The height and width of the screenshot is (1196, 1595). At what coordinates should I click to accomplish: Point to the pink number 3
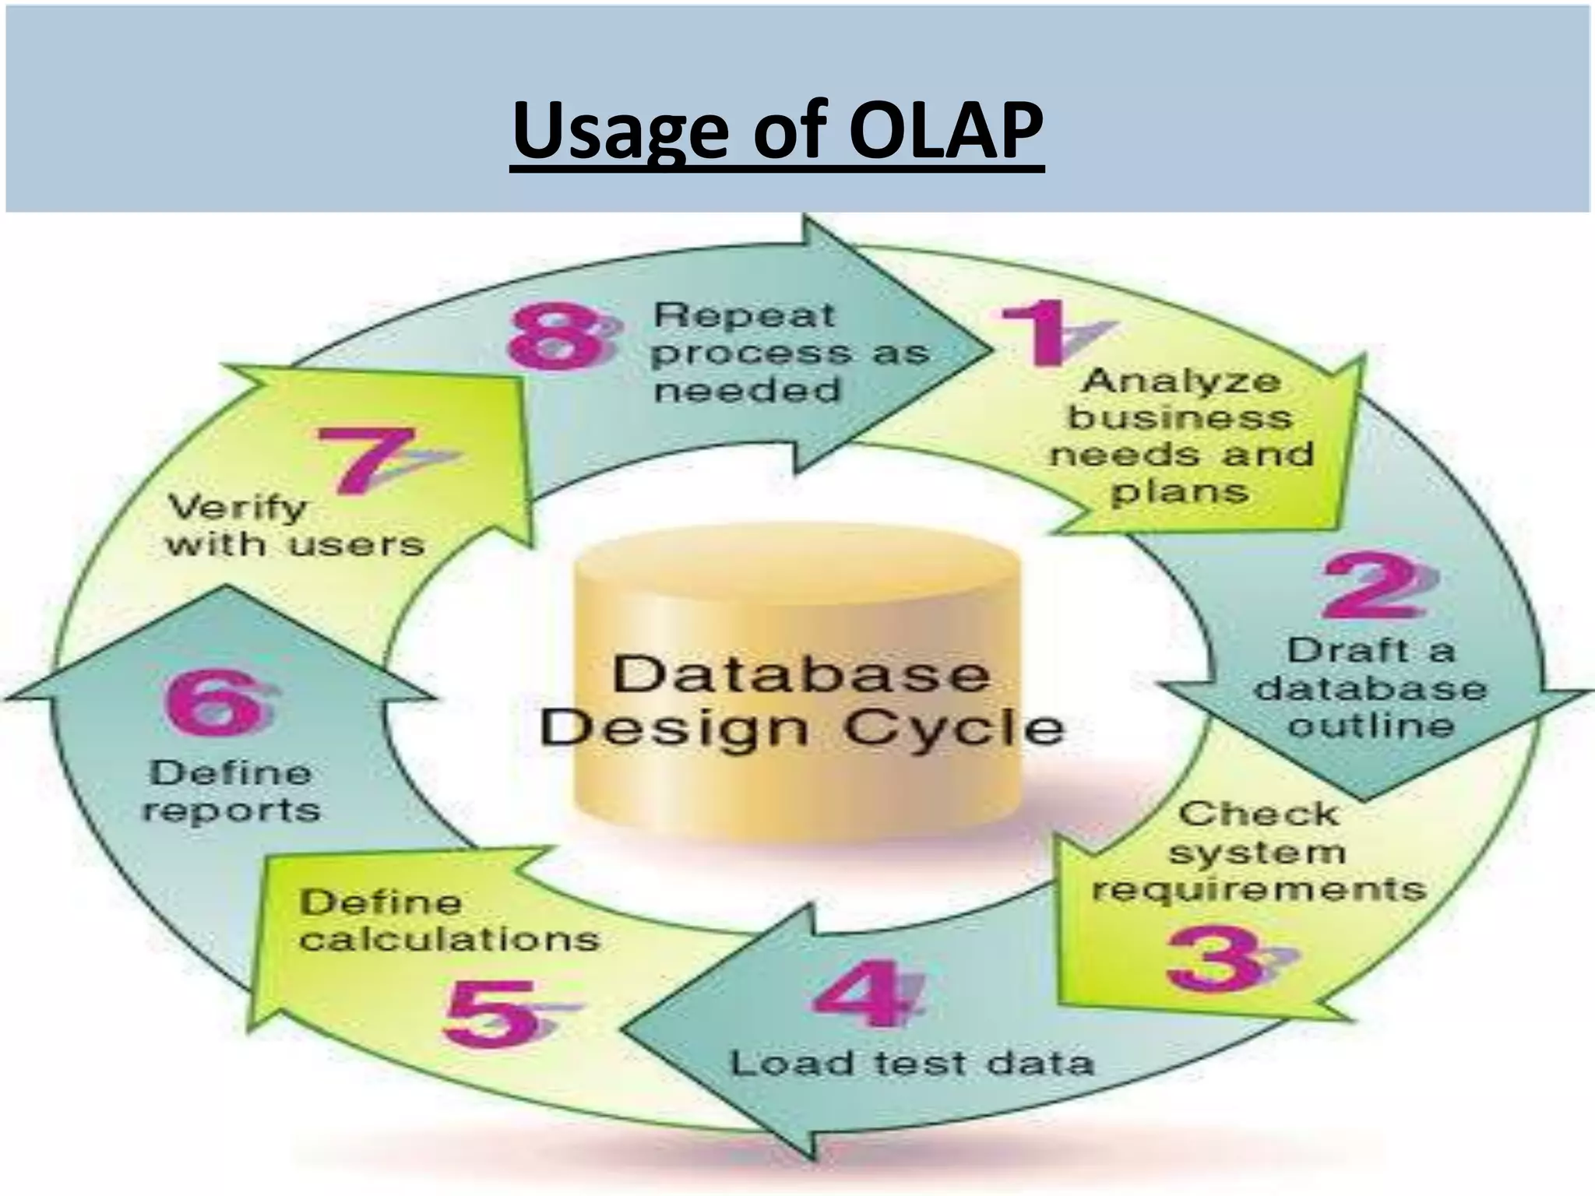point(1215,958)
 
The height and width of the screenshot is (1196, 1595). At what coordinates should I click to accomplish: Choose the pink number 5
point(491,1012)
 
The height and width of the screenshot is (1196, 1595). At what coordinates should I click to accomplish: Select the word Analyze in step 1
point(1181,382)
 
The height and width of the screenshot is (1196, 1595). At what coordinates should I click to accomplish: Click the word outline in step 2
point(1371,726)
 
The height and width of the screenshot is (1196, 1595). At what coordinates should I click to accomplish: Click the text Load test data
point(911,1064)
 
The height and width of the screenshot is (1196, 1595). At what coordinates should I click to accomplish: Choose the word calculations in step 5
point(449,939)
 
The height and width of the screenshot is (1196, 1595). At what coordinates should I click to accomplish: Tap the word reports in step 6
point(231,811)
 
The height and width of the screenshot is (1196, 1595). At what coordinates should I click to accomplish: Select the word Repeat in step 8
point(744,315)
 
